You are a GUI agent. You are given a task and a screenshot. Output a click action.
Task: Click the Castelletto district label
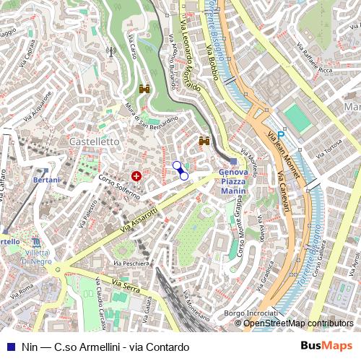94,142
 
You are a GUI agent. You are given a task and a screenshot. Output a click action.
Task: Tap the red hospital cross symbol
136,176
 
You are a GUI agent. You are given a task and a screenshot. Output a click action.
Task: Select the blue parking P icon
282,134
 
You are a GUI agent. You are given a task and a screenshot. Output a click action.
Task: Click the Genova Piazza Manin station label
233,182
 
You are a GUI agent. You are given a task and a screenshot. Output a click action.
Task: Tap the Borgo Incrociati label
251,313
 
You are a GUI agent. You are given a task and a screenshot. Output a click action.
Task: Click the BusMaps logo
326,347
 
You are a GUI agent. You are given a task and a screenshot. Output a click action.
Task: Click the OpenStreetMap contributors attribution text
298,323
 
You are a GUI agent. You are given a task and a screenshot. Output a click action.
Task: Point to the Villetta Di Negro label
36,257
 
